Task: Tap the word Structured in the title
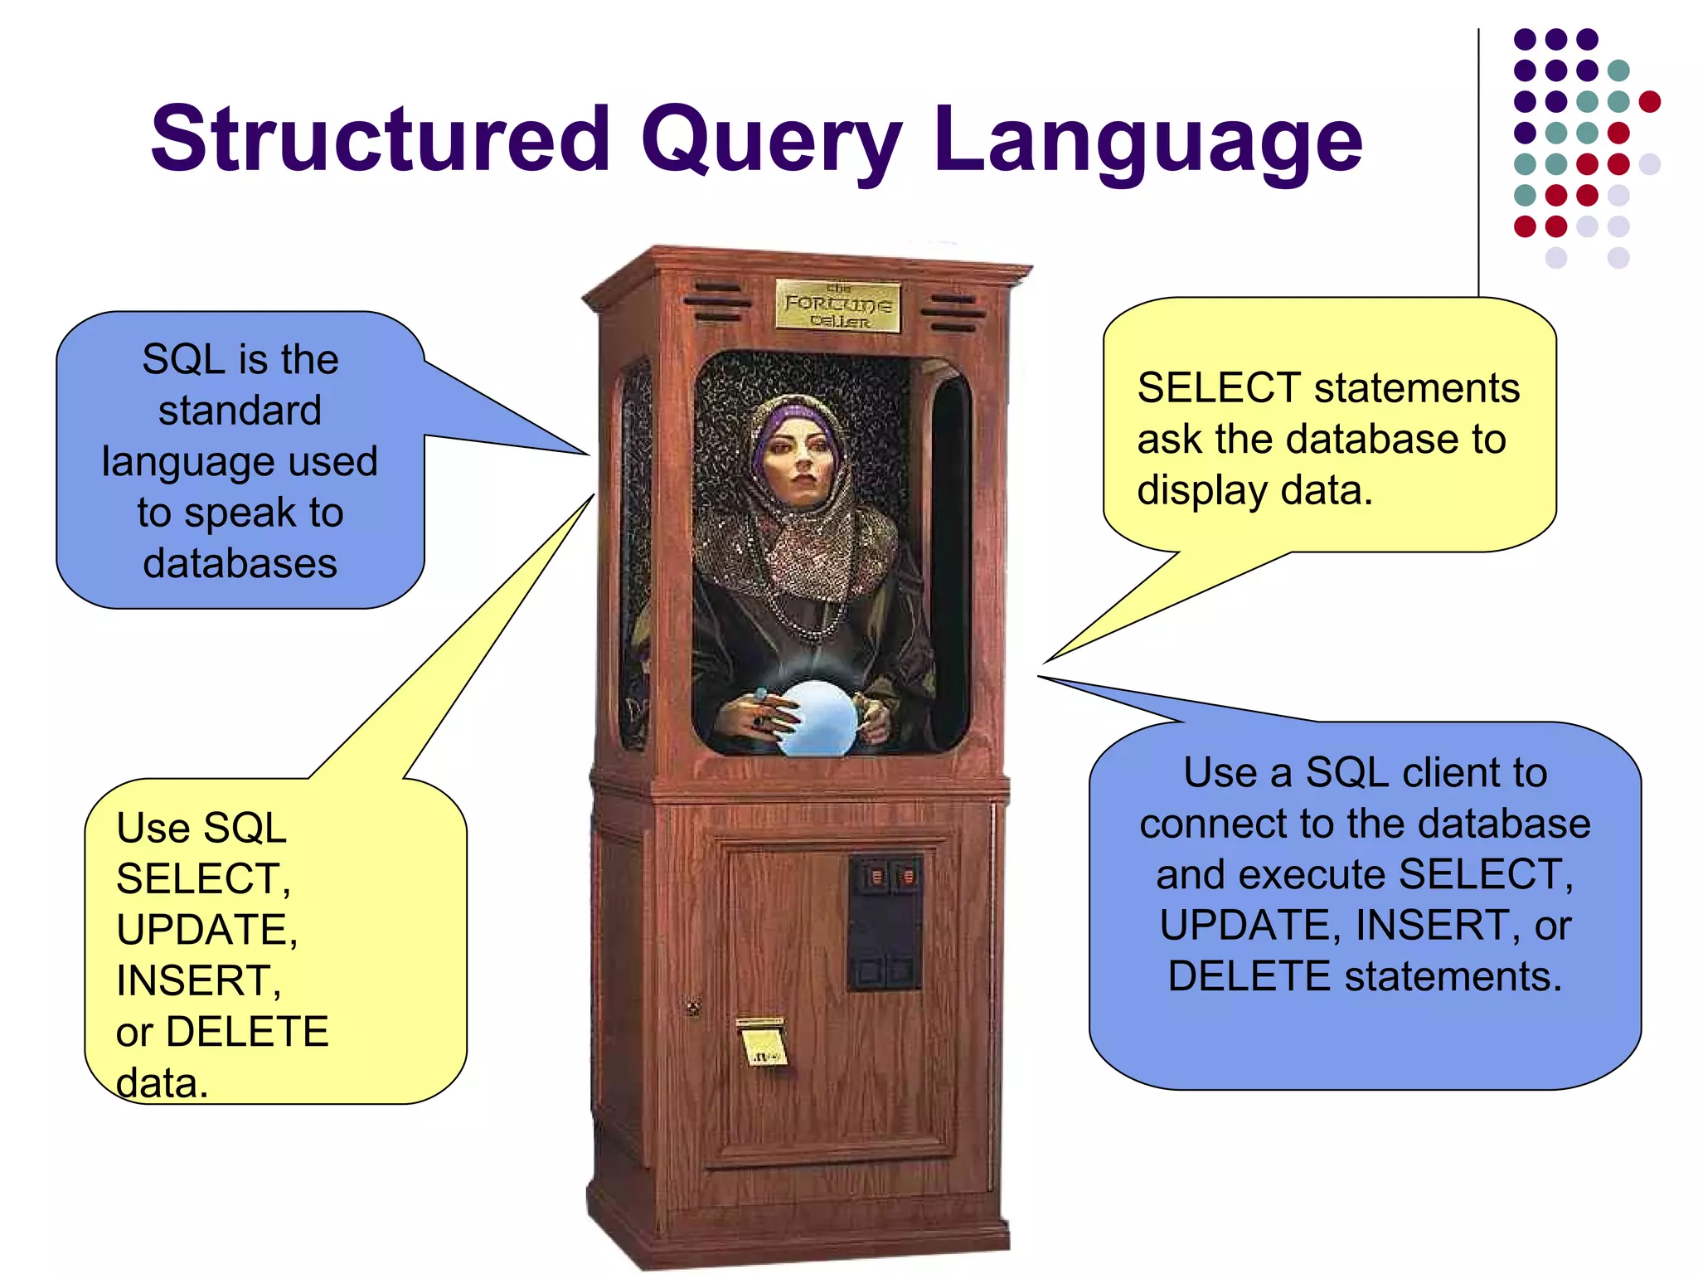click(380, 139)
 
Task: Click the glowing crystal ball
click(817, 718)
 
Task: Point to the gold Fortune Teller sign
click(837, 305)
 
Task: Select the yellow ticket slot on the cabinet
click(763, 1042)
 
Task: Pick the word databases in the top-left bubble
click(240, 564)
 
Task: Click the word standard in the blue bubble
click(240, 411)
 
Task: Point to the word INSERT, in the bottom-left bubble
click(198, 981)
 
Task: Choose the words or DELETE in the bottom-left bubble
click(222, 1033)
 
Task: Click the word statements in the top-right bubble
click(1417, 388)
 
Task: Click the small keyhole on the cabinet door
click(693, 1008)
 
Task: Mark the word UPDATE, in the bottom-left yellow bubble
click(206, 930)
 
